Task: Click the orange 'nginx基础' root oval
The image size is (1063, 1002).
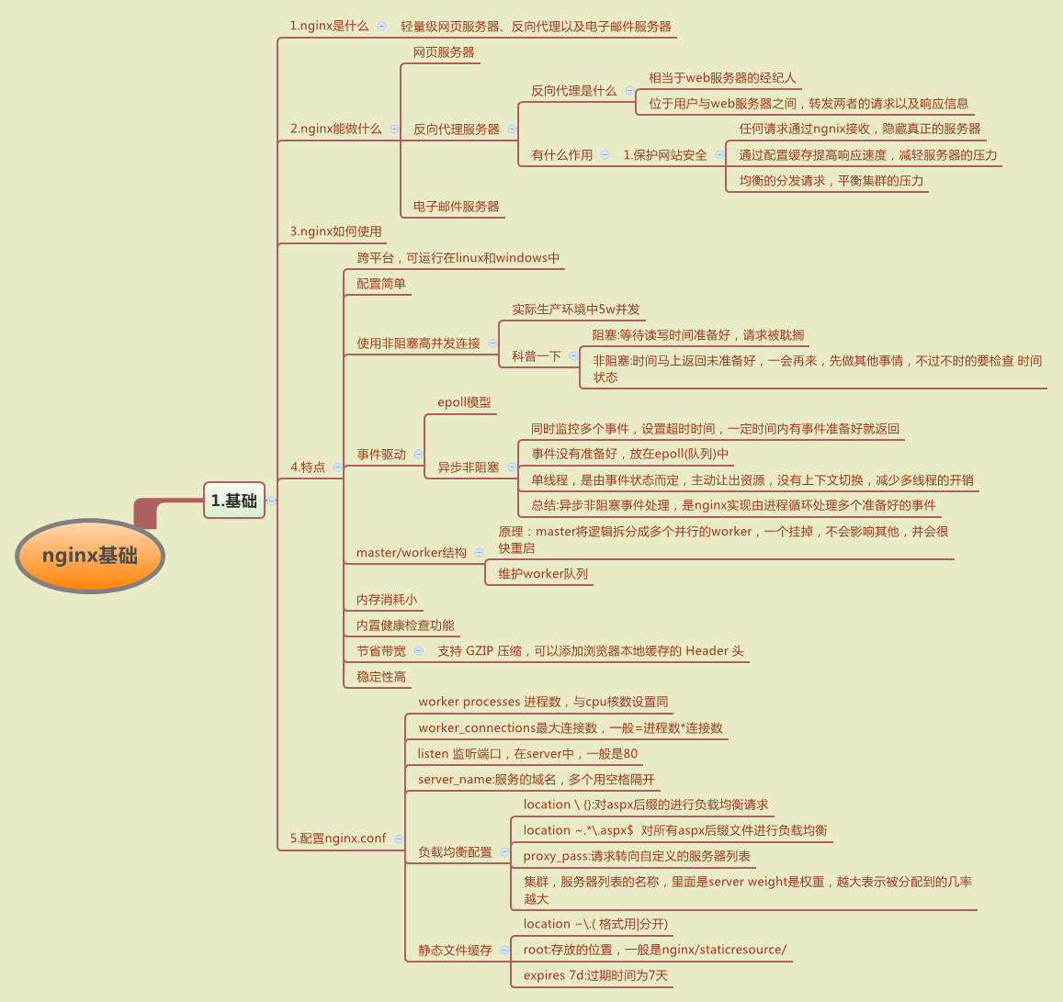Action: click(x=90, y=556)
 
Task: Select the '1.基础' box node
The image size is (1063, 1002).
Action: click(x=234, y=501)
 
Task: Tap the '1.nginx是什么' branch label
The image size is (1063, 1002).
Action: click(x=329, y=26)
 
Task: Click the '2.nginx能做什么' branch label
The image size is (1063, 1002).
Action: click(x=335, y=129)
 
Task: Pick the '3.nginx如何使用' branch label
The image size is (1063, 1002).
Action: click(x=335, y=231)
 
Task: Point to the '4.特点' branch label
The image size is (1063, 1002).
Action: click(x=308, y=467)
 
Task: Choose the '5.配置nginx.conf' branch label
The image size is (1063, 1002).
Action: click(x=338, y=838)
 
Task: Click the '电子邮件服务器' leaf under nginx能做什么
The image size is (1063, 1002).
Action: click(x=456, y=207)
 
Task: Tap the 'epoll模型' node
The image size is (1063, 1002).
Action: click(x=464, y=402)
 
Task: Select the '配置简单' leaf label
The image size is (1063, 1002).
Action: click(x=380, y=284)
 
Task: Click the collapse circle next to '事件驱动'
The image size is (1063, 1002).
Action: click(x=418, y=454)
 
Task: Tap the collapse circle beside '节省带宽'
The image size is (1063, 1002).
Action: click(x=418, y=650)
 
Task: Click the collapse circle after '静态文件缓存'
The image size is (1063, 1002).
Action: click(x=504, y=950)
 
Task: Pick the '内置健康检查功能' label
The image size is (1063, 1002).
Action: click(x=405, y=625)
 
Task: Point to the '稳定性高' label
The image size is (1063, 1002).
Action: click(x=380, y=677)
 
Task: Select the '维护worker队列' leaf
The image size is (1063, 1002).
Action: click(x=542, y=574)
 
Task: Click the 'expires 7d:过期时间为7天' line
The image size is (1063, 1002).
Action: click(x=595, y=975)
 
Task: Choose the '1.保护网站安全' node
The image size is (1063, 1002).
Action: click(x=665, y=155)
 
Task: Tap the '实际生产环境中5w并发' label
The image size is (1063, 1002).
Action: click(x=575, y=310)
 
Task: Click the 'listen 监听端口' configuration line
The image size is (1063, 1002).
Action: click(x=526, y=753)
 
